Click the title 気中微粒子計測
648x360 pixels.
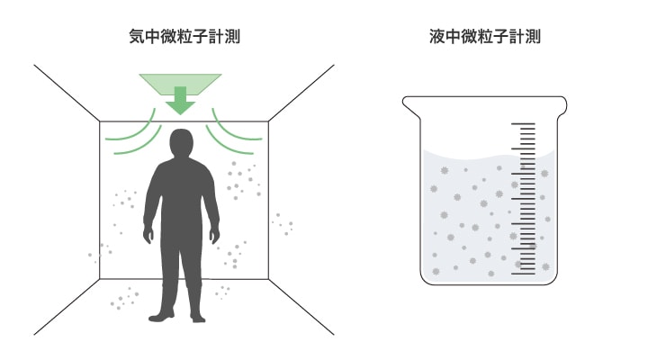point(184,37)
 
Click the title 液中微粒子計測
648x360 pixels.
point(485,37)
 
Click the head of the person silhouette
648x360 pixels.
point(182,143)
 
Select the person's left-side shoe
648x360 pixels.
point(163,316)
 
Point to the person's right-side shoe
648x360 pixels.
point(196,316)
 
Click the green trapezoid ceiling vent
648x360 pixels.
point(180,82)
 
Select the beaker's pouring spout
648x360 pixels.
point(409,105)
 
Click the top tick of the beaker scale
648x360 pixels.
point(523,125)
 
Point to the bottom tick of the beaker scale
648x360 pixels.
point(523,272)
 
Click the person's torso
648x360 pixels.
point(181,193)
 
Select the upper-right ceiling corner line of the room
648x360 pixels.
point(301,93)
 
